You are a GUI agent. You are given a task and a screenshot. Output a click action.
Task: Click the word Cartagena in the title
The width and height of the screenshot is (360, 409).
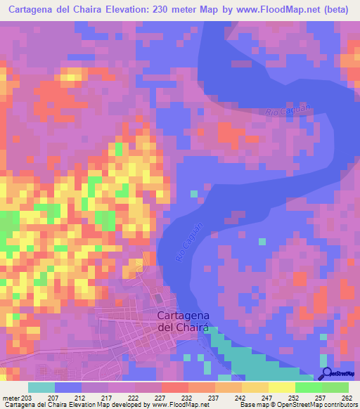(36, 11)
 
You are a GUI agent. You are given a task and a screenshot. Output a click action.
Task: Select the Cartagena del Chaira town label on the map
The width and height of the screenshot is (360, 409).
(183, 321)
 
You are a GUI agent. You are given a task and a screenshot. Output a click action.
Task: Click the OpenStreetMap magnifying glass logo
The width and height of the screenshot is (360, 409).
(327, 375)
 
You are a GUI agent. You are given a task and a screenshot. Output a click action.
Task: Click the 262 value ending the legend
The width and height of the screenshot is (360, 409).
(346, 398)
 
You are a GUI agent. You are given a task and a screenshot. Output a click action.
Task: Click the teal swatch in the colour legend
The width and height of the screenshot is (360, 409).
(41, 387)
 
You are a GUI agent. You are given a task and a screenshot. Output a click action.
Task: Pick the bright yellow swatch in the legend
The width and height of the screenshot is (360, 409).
(281, 387)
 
